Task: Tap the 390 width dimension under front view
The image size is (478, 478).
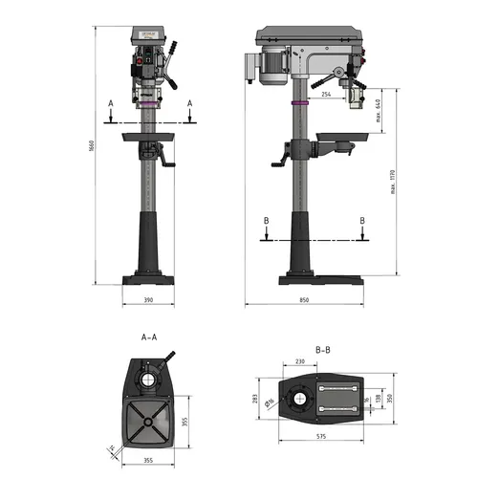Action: (x=147, y=300)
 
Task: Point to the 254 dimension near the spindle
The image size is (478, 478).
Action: (x=327, y=95)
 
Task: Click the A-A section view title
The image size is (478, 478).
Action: (x=148, y=337)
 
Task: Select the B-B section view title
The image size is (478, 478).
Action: (x=322, y=350)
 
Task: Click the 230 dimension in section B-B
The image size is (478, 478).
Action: (x=300, y=361)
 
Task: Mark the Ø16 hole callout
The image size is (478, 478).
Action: (x=272, y=402)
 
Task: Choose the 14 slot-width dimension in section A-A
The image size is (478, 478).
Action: (x=112, y=447)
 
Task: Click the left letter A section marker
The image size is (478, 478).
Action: (x=111, y=101)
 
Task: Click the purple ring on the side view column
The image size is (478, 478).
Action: (x=298, y=102)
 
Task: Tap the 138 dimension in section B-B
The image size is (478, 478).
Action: (x=378, y=398)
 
